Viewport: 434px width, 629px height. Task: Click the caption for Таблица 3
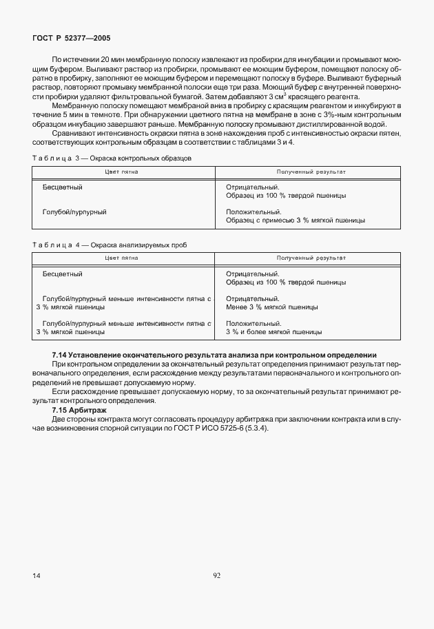[x=112, y=158]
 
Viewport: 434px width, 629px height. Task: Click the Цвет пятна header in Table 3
[x=121, y=171]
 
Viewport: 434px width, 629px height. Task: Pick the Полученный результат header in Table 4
[x=311, y=258]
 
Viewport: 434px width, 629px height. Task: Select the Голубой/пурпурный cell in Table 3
[x=74, y=212]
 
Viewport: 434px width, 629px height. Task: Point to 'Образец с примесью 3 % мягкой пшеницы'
[x=295, y=220]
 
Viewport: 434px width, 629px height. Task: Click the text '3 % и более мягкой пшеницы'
[x=273, y=331]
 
